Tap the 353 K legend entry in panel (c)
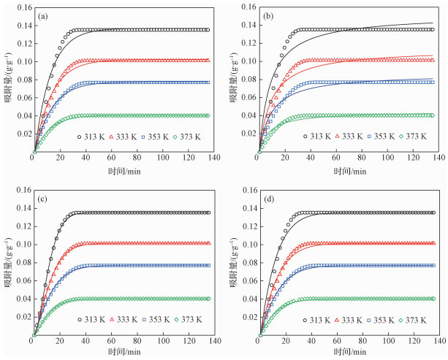click(166, 319)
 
